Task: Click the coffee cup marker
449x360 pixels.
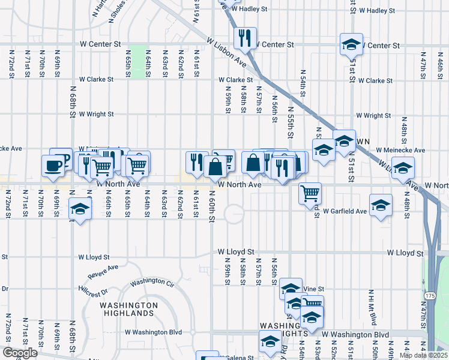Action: (x=53, y=166)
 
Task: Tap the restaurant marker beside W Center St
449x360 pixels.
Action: (x=245, y=38)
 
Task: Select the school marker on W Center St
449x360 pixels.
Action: (x=351, y=44)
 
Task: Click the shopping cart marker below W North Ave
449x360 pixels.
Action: (x=310, y=193)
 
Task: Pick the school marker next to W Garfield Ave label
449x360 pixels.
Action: (x=381, y=205)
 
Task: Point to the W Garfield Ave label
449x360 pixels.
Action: (x=345, y=211)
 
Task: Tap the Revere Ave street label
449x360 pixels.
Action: (x=103, y=272)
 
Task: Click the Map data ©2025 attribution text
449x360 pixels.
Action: (x=423, y=355)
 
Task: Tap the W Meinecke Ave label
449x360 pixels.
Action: (x=400, y=150)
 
